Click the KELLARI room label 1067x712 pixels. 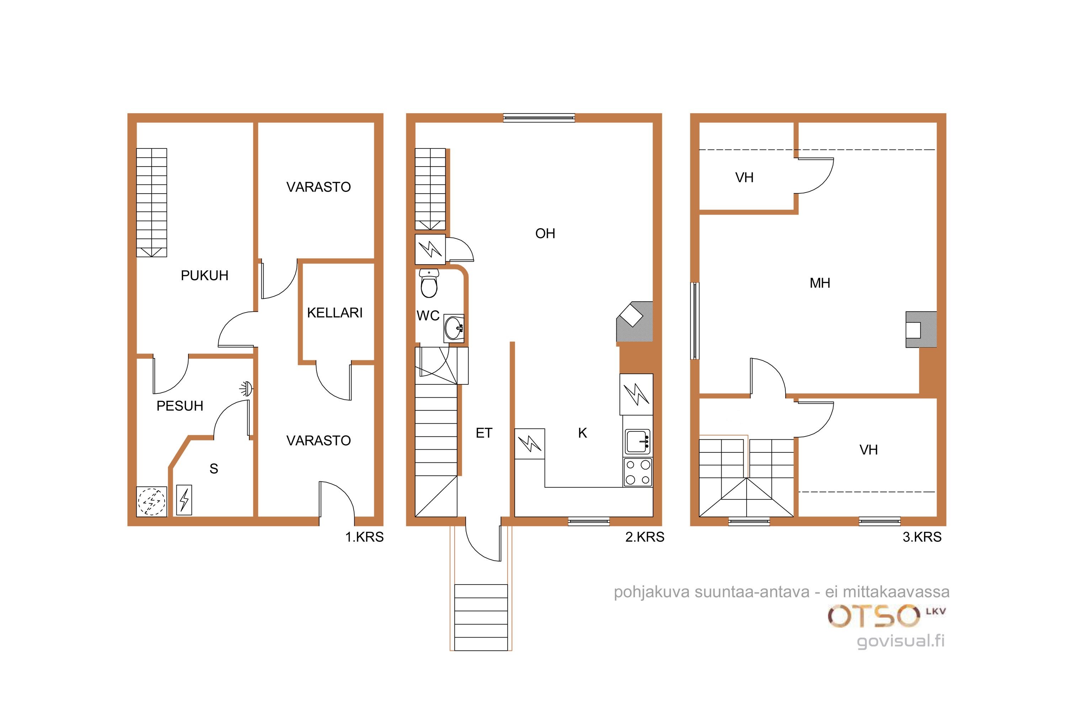tap(335, 313)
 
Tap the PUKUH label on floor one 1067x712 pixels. tap(204, 276)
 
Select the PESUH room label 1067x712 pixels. tap(180, 406)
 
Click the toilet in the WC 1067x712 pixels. tap(429, 283)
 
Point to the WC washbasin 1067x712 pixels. tap(454, 328)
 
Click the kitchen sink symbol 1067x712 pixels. tap(638, 442)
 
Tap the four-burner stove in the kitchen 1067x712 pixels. tap(638, 472)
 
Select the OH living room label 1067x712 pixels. tap(545, 234)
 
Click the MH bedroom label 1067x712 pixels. tap(820, 283)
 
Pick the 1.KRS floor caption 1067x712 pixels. tap(364, 537)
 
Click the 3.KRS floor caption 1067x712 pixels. tap(922, 537)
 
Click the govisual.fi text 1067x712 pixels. tap(901, 641)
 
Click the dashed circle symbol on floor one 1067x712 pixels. tap(152, 502)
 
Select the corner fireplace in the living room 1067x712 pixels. tap(635, 321)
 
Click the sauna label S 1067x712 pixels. tap(214, 468)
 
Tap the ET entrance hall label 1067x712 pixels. tap(484, 433)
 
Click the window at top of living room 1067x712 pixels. tap(539, 118)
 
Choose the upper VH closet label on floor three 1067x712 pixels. tap(744, 178)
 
